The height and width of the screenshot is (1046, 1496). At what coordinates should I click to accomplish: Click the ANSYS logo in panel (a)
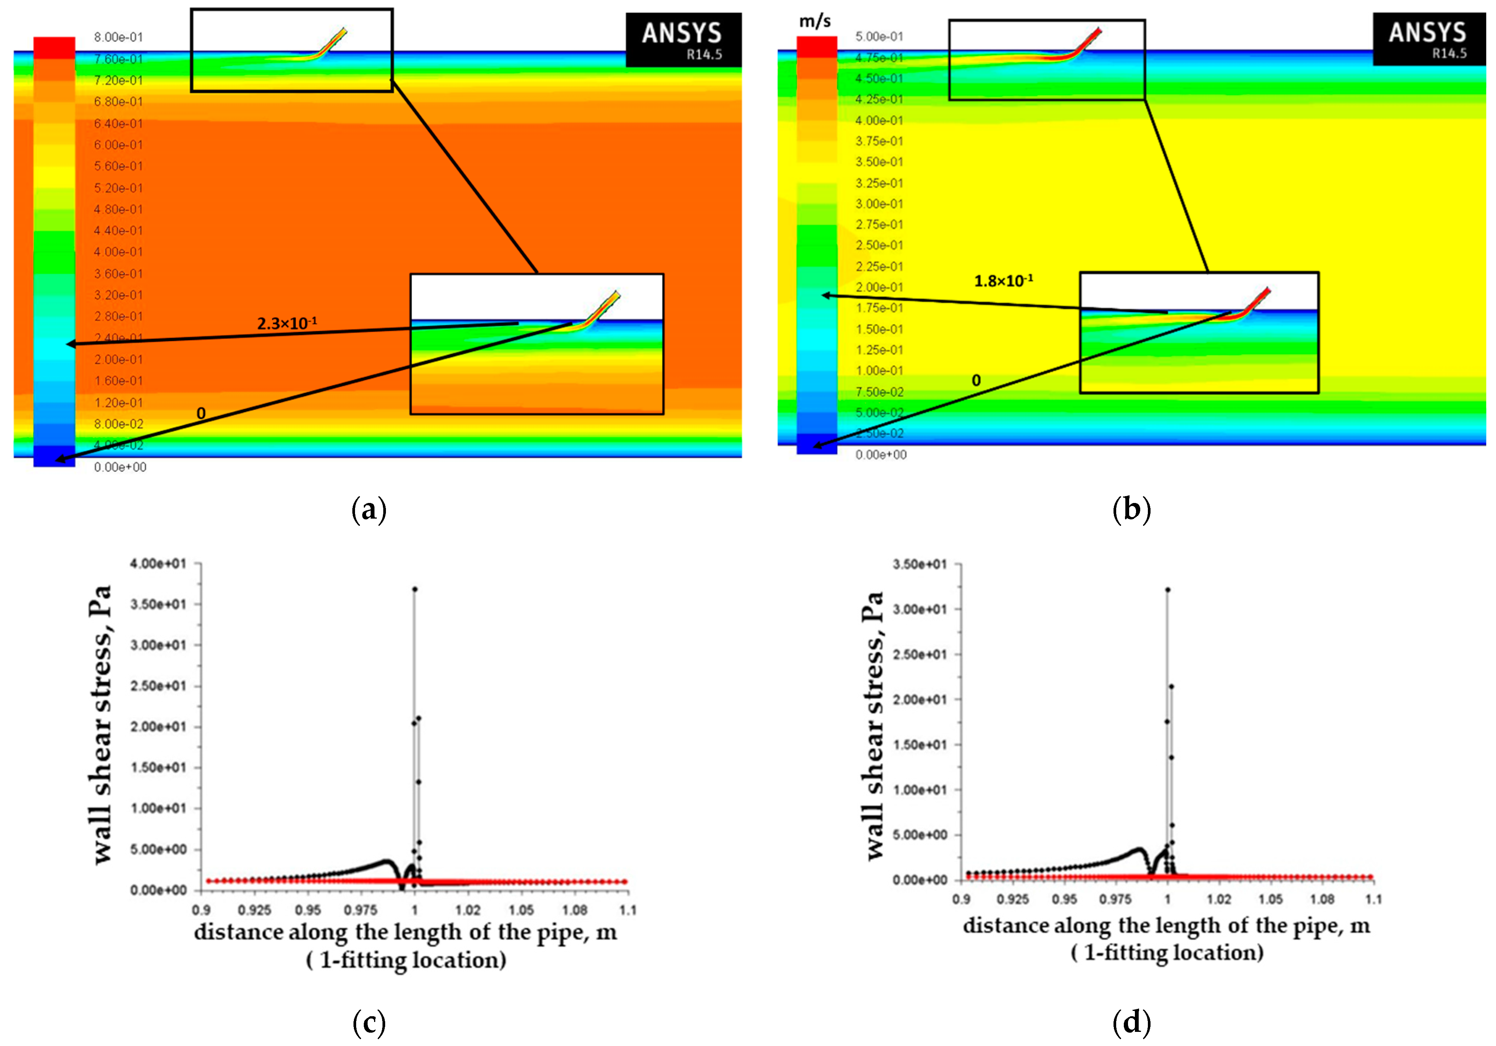(683, 39)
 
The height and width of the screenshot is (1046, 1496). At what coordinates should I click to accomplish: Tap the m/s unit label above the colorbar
(815, 21)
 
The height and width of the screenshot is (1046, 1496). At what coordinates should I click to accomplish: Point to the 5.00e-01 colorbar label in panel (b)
(879, 37)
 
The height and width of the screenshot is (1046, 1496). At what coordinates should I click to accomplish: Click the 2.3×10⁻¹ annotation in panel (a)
(287, 323)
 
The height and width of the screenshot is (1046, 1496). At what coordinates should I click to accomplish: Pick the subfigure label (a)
(369, 509)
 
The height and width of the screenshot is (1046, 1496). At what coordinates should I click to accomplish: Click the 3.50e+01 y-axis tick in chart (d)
(919, 564)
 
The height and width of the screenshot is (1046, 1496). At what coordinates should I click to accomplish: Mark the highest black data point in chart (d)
(1168, 590)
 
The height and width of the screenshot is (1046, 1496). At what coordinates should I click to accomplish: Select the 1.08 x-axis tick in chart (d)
(1322, 899)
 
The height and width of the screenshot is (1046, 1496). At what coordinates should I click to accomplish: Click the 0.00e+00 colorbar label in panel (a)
(120, 467)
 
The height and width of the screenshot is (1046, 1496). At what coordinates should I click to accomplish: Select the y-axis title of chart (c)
(102, 725)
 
